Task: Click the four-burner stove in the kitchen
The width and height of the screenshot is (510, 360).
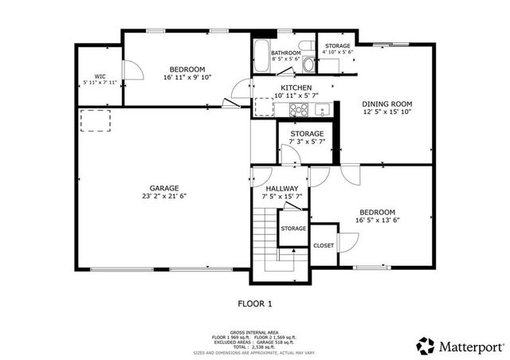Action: click(298, 110)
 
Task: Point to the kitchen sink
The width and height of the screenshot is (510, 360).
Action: click(321, 109)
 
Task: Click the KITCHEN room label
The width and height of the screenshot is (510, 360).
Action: click(295, 88)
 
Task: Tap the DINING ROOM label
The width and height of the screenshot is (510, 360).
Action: click(386, 104)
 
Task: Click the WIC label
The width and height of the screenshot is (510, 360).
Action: click(100, 76)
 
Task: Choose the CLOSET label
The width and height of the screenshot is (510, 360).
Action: click(324, 246)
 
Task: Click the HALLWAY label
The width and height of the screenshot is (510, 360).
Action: click(281, 189)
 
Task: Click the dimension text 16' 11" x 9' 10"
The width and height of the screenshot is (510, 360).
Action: click(188, 78)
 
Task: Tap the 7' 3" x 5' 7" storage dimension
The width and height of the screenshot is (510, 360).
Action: click(306, 143)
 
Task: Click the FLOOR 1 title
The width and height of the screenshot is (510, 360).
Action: click(255, 303)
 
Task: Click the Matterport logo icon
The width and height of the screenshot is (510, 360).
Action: click(426, 346)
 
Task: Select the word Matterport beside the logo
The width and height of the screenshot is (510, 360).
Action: click(470, 346)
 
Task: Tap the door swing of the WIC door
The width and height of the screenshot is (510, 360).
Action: click(134, 70)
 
